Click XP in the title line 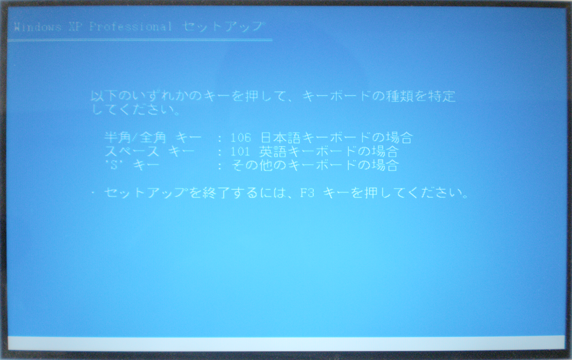tap(76, 27)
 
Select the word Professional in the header tap(130, 27)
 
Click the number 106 tap(240, 138)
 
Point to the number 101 tap(240, 152)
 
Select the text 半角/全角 tap(135, 138)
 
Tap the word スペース tap(132, 151)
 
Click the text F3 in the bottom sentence tap(307, 193)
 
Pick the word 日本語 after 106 tap(280, 138)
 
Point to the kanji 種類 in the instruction tap(400, 96)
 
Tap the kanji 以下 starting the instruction tap(104, 96)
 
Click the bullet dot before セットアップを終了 tap(93, 193)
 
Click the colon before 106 tap(219, 138)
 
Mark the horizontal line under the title tap(140, 40)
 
